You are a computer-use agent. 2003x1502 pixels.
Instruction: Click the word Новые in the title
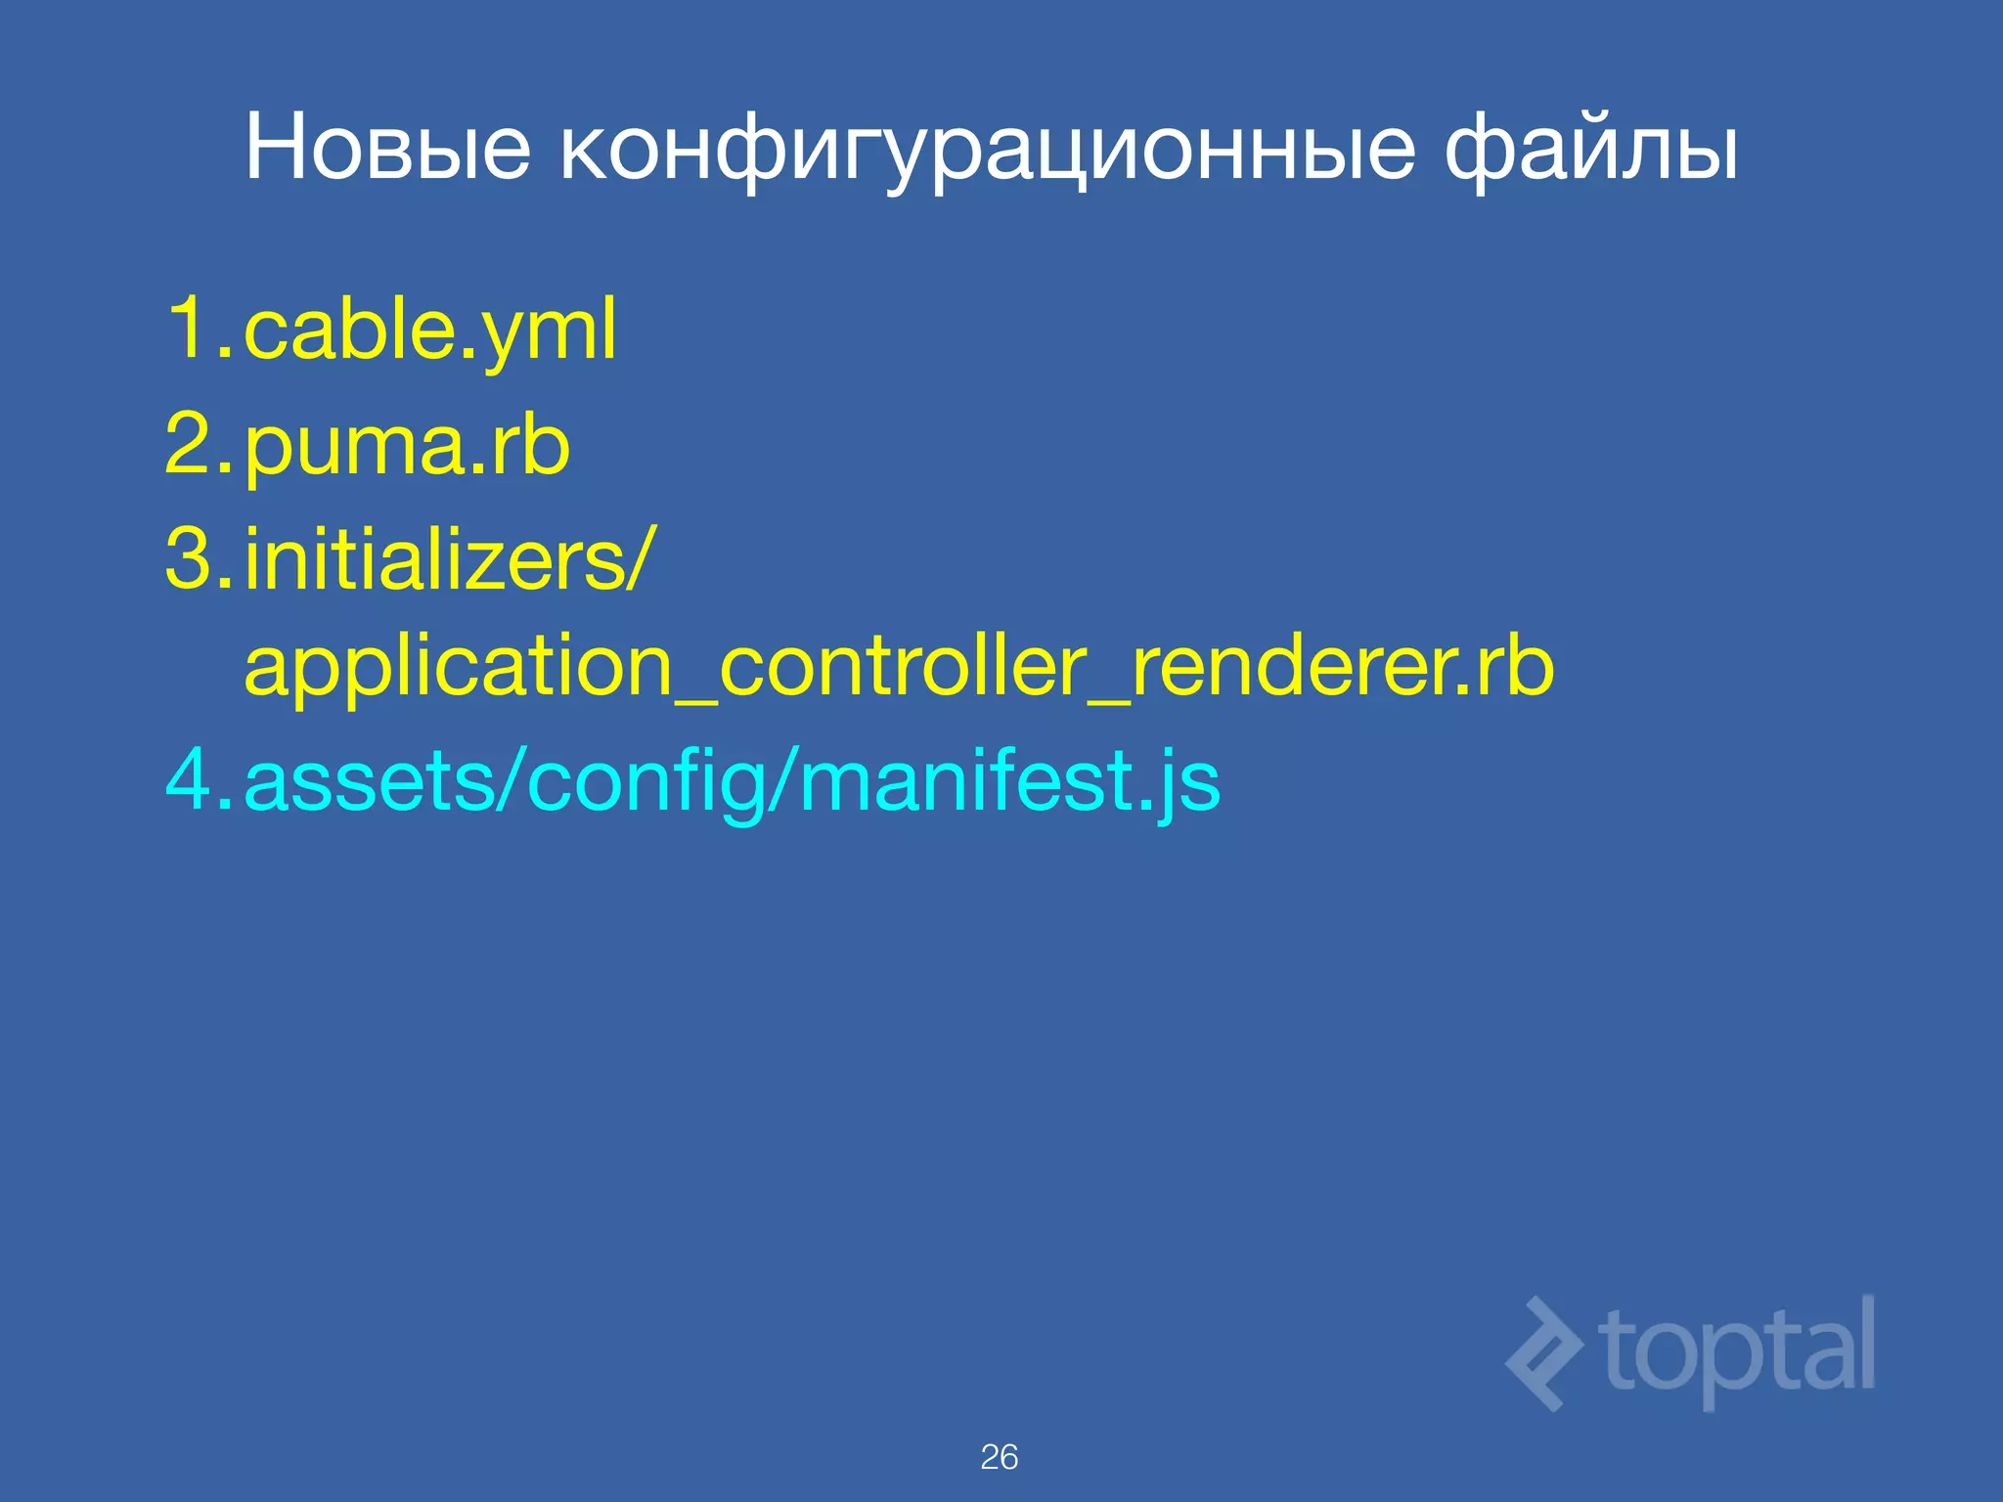pyautogui.click(x=387, y=149)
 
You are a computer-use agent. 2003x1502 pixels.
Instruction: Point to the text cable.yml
pyautogui.click(x=430, y=331)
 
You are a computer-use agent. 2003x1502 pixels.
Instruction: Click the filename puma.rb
pyautogui.click(x=407, y=447)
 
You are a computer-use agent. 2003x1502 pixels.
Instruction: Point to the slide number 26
pyautogui.click(x=999, y=1457)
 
